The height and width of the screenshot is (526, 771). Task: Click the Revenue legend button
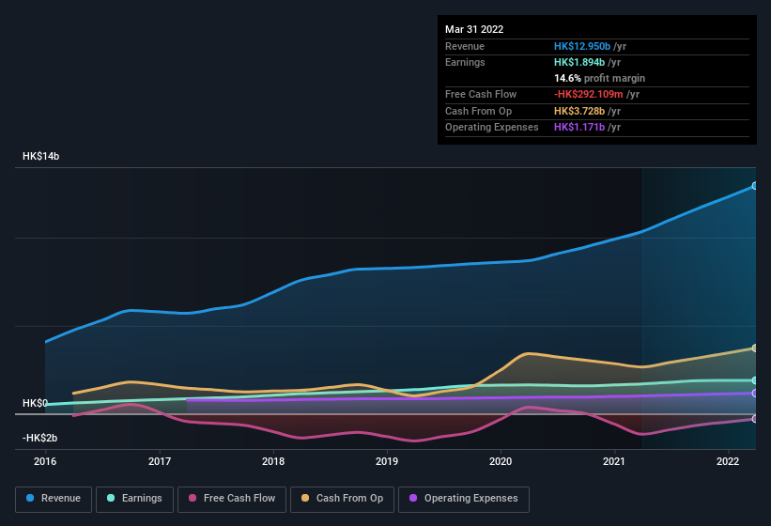54,498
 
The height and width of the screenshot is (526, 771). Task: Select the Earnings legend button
135,498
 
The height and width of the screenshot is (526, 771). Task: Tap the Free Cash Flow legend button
232,498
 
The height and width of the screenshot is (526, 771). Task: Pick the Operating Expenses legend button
464,498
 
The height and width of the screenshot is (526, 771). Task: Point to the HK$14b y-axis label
40,157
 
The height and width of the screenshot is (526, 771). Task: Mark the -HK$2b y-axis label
39,438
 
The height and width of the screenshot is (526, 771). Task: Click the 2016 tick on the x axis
45,461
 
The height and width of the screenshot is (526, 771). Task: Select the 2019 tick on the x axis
387,461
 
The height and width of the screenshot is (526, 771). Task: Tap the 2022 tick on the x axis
728,461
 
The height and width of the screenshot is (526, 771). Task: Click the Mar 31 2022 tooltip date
474,29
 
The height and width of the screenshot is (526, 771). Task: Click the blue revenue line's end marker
755,186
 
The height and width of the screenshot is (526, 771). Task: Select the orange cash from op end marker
755,348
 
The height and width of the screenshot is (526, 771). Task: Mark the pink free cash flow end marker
755,419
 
